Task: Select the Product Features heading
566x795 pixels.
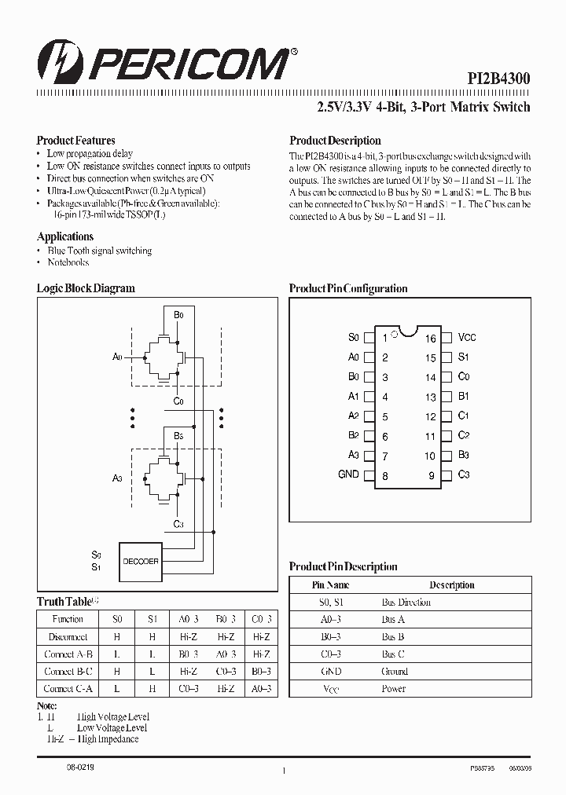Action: pyautogui.click(x=76, y=141)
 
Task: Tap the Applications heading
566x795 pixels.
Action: pyautogui.click(x=65, y=236)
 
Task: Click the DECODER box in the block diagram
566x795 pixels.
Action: pyautogui.click(x=141, y=561)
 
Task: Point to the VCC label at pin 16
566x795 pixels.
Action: pyautogui.click(x=467, y=337)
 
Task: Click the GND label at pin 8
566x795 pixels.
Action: pyautogui.click(x=348, y=474)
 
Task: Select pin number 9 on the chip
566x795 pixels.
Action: pyautogui.click(x=432, y=476)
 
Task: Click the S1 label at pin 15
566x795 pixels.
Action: pyautogui.click(x=464, y=357)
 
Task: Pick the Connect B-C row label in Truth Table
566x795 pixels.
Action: pyautogui.click(x=68, y=672)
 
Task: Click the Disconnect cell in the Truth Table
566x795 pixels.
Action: pyautogui.click(x=68, y=637)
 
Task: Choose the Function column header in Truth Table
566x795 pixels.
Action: pyautogui.click(x=68, y=620)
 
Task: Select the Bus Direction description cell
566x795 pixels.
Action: pyautogui.click(x=406, y=603)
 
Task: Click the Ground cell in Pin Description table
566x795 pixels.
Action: pyautogui.click(x=395, y=672)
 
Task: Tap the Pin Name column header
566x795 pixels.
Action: pyautogui.click(x=331, y=585)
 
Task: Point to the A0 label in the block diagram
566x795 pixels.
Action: pyautogui.click(x=117, y=357)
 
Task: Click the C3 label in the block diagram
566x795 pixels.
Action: pyautogui.click(x=178, y=524)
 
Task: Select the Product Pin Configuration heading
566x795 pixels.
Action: pyautogui.click(x=348, y=288)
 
